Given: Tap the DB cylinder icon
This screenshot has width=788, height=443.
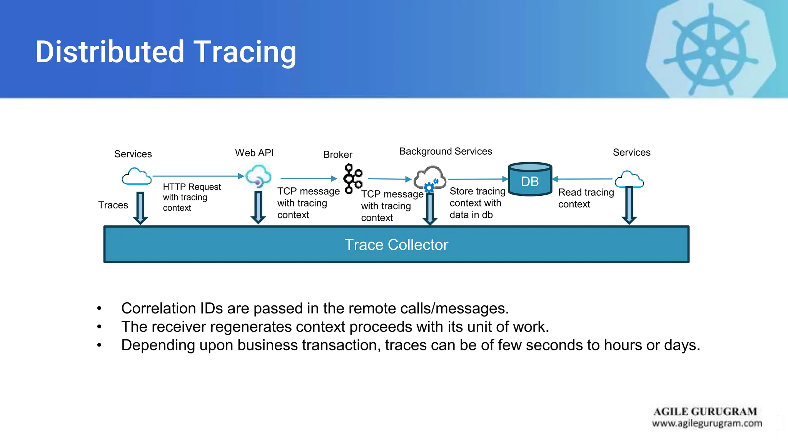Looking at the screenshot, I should pyautogui.click(x=530, y=180).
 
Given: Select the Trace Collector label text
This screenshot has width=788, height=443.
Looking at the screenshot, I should pyautogui.click(x=396, y=245).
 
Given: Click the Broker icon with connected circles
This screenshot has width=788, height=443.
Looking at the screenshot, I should pyautogui.click(x=353, y=178).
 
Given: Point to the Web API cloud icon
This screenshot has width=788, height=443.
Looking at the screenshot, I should pyautogui.click(x=258, y=177).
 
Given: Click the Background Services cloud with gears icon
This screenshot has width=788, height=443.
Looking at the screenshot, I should pyautogui.click(x=430, y=179).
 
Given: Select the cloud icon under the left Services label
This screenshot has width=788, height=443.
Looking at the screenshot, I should pyautogui.click(x=137, y=177).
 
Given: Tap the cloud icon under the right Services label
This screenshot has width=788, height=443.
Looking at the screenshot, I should pyautogui.click(x=629, y=180).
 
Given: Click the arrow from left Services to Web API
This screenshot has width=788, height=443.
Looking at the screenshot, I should pyautogui.click(x=198, y=176).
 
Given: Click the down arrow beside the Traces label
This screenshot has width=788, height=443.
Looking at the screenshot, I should pyautogui.click(x=140, y=208).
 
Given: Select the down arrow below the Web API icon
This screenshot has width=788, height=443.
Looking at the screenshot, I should pyautogui.click(x=258, y=208).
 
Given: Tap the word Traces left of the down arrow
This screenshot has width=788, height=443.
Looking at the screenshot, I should pyautogui.click(x=113, y=205).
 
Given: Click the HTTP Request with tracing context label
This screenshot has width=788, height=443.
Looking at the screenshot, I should pyautogui.click(x=191, y=197).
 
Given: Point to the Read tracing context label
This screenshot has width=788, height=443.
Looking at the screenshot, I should pyautogui.click(x=586, y=198).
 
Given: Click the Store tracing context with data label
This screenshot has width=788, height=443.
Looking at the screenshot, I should pyautogui.click(x=477, y=203).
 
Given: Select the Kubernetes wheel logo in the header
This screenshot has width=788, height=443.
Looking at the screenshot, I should pyautogui.click(x=711, y=51).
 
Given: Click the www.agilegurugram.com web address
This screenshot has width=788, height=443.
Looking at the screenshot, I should pyautogui.click(x=707, y=423).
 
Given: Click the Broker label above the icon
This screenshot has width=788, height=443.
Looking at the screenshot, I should pyautogui.click(x=337, y=155).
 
